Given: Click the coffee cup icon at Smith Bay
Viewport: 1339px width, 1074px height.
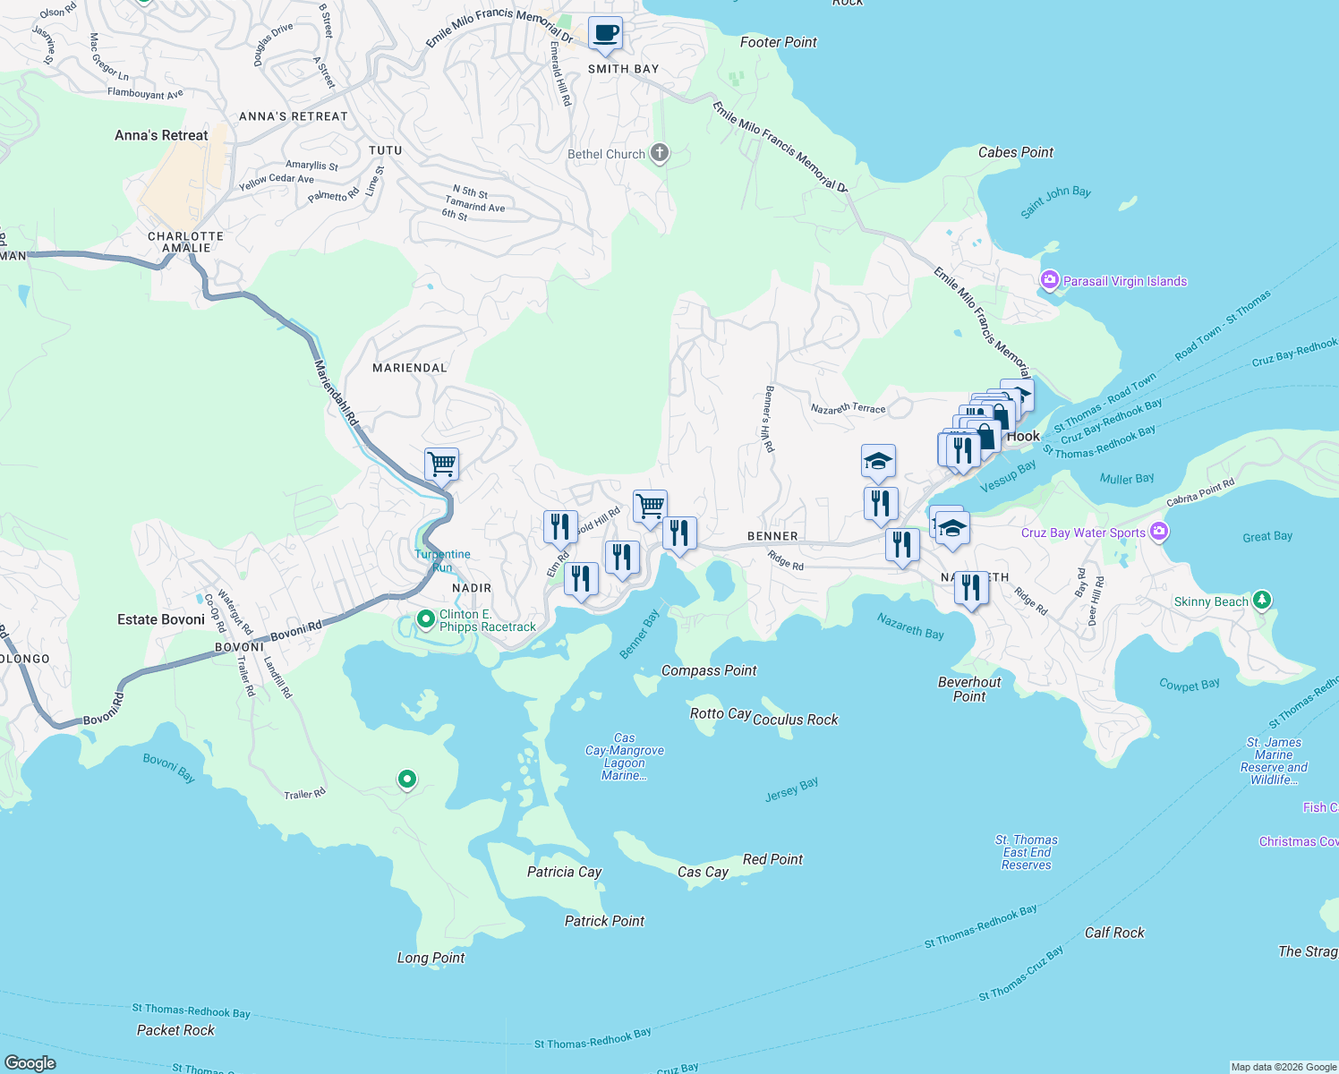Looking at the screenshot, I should pyautogui.click(x=605, y=34).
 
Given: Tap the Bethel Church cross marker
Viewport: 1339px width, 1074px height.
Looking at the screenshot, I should pyautogui.click(x=660, y=153).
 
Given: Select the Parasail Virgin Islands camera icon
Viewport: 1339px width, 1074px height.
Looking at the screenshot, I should pyautogui.click(x=1050, y=281).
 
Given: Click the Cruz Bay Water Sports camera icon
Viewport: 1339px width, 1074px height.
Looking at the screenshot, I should pyautogui.click(x=1160, y=533).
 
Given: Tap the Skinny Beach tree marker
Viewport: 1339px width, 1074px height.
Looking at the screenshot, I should pyautogui.click(x=1262, y=601).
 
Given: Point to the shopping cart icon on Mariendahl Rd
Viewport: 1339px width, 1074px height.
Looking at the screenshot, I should pyautogui.click(x=441, y=465).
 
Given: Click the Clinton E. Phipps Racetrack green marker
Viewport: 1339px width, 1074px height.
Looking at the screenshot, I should pyautogui.click(x=427, y=618).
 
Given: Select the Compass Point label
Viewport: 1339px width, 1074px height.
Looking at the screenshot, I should pyautogui.click(x=709, y=670).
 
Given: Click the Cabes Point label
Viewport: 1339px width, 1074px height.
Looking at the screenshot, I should pyautogui.click(x=1016, y=152).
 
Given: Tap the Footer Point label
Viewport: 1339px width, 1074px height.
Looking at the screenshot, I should pyautogui.click(x=778, y=42).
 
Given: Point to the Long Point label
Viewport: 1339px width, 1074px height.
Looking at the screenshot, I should pyautogui.click(x=431, y=958).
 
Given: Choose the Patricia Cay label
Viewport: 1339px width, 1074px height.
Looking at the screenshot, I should pyautogui.click(x=564, y=872).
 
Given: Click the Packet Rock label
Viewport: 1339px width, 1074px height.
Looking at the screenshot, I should pyautogui.click(x=175, y=1030).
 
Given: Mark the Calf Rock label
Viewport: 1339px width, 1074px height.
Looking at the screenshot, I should pyautogui.click(x=1114, y=933).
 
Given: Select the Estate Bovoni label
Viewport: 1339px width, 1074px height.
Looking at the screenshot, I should pyautogui.click(x=161, y=619).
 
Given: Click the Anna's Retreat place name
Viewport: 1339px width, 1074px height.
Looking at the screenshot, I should pyautogui.click(x=161, y=135).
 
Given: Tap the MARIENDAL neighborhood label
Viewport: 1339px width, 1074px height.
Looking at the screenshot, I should pyautogui.click(x=409, y=368).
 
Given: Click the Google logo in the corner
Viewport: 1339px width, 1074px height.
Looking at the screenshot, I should pyautogui.click(x=30, y=1062).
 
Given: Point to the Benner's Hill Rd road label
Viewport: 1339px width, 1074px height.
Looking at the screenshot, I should pyautogui.click(x=768, y=419).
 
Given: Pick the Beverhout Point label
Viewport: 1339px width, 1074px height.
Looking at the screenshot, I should pyautogui.click(x=969, y=689).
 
